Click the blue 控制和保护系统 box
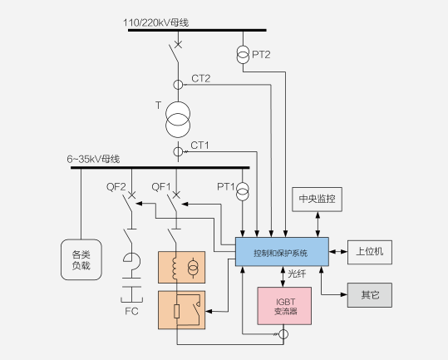[282, 252]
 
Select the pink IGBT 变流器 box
[284, 306]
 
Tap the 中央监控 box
[317, 200]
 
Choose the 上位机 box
[370, 252]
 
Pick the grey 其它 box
[370, 295]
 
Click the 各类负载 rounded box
[81, 259]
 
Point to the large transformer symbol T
[178, 120]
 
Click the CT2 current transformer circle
[178, 85]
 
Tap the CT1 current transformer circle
[178, 151]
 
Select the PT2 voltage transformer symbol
[243, 55]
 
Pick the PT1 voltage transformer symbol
[243, 191]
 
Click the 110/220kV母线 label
[156, 22]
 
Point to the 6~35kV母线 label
[93, 159]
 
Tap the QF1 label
[161, 187]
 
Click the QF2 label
[116, 187]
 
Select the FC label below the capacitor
[131, 311]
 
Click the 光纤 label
[297, 274]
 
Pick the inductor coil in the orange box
[174, 268]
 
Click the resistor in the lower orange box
[177, 311]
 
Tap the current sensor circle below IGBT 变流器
[283, 334]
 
